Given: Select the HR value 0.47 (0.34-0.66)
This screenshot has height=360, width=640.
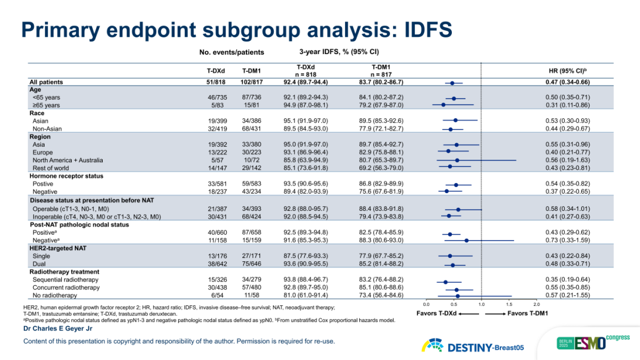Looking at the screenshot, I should (567, 82).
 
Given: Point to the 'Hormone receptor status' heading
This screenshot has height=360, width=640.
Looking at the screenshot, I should (66, 176).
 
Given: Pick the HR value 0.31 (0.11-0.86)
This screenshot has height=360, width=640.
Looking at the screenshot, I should (567, 105).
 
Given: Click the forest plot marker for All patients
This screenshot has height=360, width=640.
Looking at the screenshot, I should (452, 83).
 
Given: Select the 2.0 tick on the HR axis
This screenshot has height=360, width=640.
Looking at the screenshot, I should (536, 304).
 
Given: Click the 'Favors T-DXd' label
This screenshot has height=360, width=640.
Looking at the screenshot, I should (436, 313).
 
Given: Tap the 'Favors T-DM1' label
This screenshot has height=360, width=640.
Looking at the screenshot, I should (527, 313).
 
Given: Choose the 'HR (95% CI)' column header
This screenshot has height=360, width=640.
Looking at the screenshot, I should (567, 70).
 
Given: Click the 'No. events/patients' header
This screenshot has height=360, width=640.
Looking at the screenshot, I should (232, 52).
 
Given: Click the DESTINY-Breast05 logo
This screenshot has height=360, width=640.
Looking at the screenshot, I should (473, 346).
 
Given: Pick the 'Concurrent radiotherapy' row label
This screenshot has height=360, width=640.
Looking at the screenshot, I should (66, 288).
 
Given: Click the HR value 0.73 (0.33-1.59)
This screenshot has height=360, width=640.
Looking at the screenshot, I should (567, 240).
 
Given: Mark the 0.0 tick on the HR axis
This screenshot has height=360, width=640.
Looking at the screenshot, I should (426, 304).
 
